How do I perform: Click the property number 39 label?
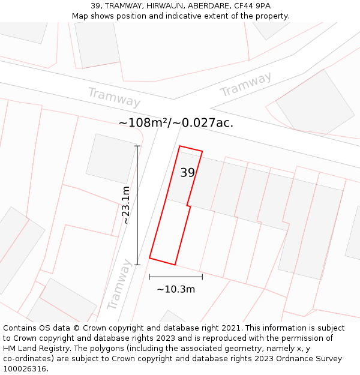coord(187,173)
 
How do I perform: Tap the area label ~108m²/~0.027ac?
coord(176,123)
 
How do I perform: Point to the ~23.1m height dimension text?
coord(126,205)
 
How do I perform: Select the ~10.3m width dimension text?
coord(176,289)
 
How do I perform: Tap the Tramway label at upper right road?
coord(245,85)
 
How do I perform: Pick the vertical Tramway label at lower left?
coord(119,284)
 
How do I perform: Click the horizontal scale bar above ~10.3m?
coord(176,277)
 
